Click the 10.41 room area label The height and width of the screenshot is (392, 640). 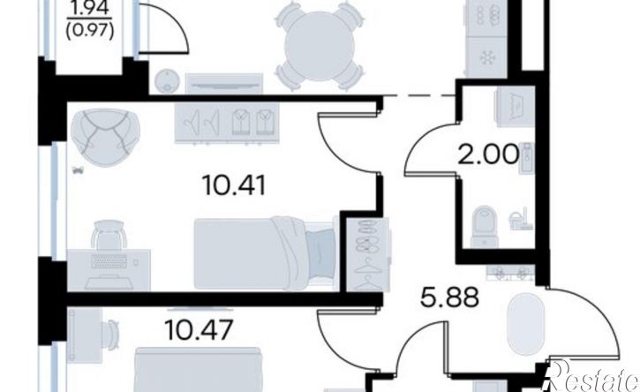233,185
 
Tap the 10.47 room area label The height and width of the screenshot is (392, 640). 200,329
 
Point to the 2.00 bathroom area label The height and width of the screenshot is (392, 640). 489,155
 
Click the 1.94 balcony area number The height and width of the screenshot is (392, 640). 89,9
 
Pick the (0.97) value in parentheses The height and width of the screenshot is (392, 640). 89,31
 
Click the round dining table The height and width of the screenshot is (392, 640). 320,45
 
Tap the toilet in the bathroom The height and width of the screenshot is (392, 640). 485,226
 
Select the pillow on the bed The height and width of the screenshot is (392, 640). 321,253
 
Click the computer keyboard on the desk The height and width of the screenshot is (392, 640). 109,261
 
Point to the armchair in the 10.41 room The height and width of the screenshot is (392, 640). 105,137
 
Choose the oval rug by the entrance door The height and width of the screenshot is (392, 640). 525,323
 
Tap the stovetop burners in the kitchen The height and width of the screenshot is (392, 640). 486,16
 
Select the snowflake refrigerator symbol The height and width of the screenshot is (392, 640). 487,57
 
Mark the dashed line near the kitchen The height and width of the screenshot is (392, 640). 419,95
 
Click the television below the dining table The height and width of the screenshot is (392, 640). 224,85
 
